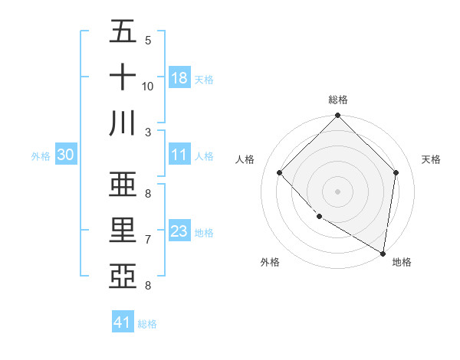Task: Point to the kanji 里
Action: [x=123, y=231]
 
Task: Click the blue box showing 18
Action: [x=179, y=78]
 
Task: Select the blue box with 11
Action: [x=179, y=155]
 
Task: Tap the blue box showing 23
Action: [x=179, y=231]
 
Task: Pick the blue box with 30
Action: [x=66, y=155]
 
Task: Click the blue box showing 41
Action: [x=123, y=322]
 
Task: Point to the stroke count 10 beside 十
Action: [x=148, y=87]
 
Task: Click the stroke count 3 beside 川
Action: [x=148, y=133]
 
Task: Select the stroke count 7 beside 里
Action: [x=148, y=240]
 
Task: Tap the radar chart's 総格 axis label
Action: [x=338, y=100]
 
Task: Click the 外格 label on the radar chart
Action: [x=270, y=262]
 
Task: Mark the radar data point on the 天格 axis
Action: [x=396, y=172]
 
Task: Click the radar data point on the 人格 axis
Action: [x=280, y=172]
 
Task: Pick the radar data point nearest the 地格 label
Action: [x=383, y=254]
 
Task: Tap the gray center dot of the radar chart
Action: [x=338, y=191]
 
